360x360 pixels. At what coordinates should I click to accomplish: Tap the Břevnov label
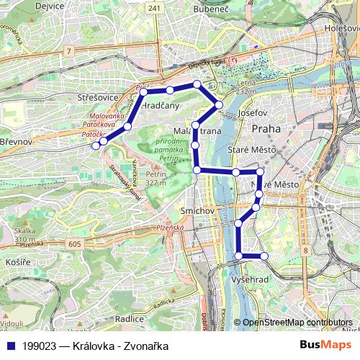click(x=16, y=142)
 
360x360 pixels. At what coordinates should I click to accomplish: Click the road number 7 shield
click(x=68, y=51)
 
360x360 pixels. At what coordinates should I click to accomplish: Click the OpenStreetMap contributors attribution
click(x=297, y=323)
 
